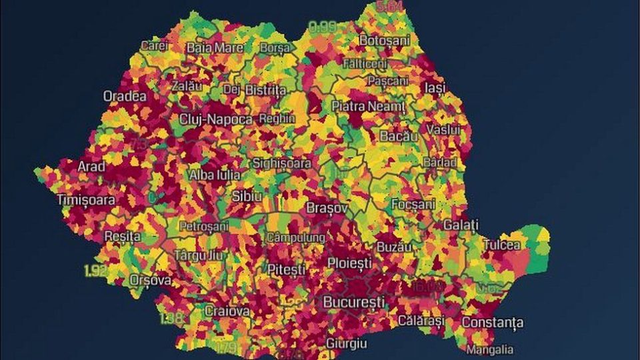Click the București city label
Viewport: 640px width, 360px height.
click(x=353, y=302)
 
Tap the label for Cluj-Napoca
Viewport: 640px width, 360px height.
click(x=216, y=119)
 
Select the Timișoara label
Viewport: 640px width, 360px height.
click(x=86, y=199)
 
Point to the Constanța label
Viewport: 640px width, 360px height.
click(x=492, y=323)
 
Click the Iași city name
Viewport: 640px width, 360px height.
click(x=435, y=88)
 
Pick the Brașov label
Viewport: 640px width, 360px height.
click(x=327, y=208)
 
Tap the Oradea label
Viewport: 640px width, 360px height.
click(x=125, y=96)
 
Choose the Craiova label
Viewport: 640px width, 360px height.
click(x=227, y=311)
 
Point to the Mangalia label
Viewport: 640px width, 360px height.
click(x=490, y=349)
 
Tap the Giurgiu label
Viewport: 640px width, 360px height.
click(x=347, y=343)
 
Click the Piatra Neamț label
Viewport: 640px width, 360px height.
click(x=368, y=106)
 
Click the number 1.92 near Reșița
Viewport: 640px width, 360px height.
click(x=97, y=270)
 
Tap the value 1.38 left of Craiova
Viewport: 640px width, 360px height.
click(x=172, y=318)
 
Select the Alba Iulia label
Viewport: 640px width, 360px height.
click(x=214, y=175)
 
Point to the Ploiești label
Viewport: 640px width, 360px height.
click(x=349, y=263)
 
